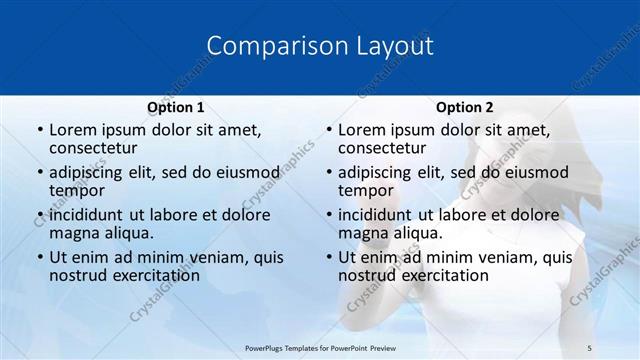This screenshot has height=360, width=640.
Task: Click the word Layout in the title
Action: pos(391,46)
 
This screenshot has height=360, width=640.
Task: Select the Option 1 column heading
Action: pos(176,107)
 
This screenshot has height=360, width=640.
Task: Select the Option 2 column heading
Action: pos(465,107)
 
